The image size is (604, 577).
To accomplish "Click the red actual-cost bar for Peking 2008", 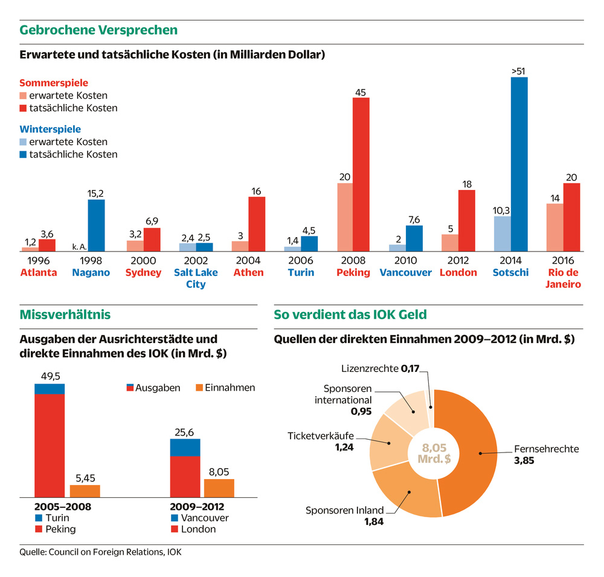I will click(361, 174).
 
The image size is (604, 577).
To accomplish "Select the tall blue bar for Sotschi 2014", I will click(519, 164).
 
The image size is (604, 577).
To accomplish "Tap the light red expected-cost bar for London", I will click(449, 243).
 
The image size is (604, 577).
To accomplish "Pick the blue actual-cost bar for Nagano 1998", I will click(96, 225).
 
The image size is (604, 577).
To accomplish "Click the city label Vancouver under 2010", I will click(406, 273).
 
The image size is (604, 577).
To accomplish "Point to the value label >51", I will click(518, 71).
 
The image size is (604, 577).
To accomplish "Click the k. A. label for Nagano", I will click(80, 246).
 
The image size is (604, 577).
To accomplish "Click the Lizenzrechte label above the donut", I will click(369, 368).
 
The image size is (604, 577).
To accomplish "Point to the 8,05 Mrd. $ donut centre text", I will click(434, 453).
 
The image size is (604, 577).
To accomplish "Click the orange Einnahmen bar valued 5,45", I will click(85, 491).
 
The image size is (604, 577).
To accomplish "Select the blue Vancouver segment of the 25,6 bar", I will click(185, 448).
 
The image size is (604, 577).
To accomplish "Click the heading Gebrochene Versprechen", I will click(98, 30).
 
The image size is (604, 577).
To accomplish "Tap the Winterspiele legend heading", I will click(50, 129).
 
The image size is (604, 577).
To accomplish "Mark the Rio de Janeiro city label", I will click(564, 278).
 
